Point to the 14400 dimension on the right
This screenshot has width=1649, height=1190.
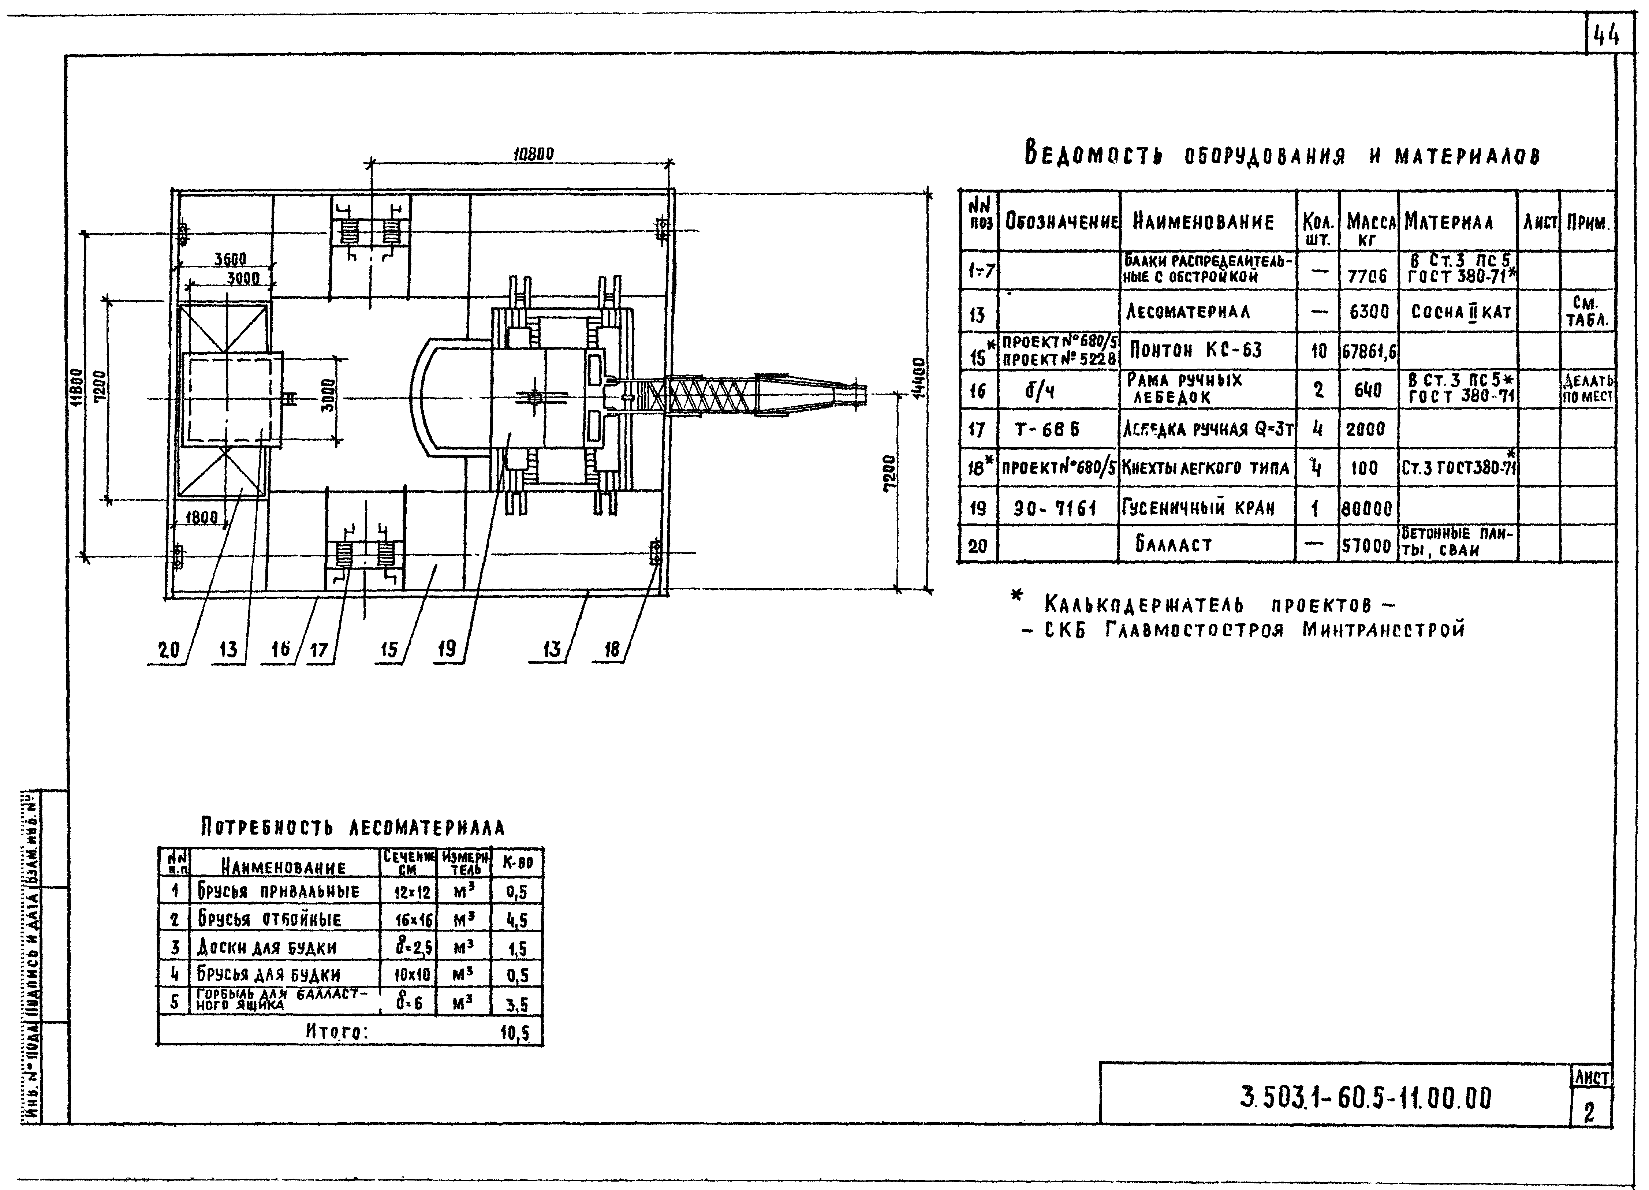point(919,378)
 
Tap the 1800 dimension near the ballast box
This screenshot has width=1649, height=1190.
point(201,518)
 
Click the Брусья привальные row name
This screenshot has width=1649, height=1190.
point(278,891)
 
